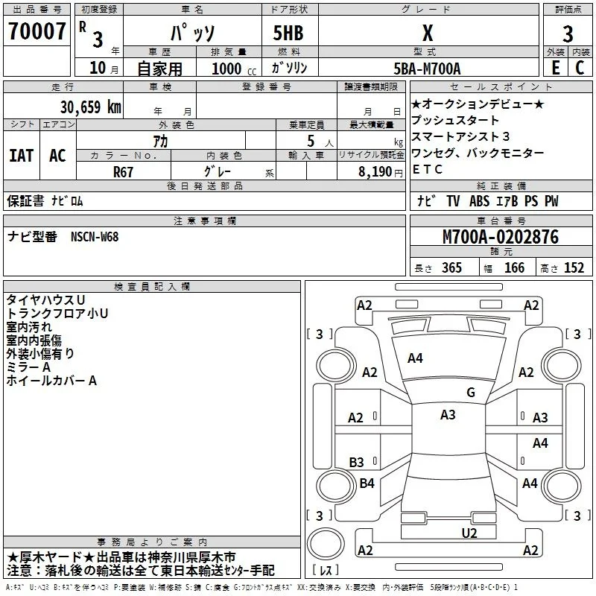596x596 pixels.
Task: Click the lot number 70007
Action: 37,31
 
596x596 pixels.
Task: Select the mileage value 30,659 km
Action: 91,107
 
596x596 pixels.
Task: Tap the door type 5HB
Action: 288,33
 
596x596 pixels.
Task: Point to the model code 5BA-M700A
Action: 427,69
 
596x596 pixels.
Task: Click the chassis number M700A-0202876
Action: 501,237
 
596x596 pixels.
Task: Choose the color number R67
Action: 123,172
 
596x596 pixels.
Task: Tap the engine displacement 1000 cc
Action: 234,69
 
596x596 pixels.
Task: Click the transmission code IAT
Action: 22,156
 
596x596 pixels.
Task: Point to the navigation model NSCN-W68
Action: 95,237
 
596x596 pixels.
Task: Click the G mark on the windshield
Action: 471,392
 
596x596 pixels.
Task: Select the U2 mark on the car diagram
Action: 469,533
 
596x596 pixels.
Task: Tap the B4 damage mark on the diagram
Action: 367,483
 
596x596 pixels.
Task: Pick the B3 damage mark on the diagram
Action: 356,462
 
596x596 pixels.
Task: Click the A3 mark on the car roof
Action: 448,415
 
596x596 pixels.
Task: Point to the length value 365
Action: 451,267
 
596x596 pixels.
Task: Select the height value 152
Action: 574,267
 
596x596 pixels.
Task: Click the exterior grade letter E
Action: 555,68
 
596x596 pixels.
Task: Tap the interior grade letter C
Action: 580,68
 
